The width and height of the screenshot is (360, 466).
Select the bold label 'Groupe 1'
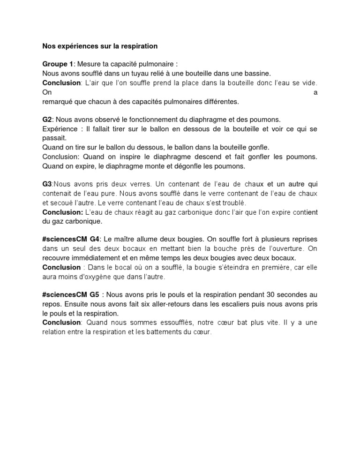pyautogui.click(x=58, y=64)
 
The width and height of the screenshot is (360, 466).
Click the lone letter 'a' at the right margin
pyautogui.click(x=315, y=92)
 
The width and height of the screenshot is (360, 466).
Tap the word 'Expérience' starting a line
pyautogui.click(x=60, y=129)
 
